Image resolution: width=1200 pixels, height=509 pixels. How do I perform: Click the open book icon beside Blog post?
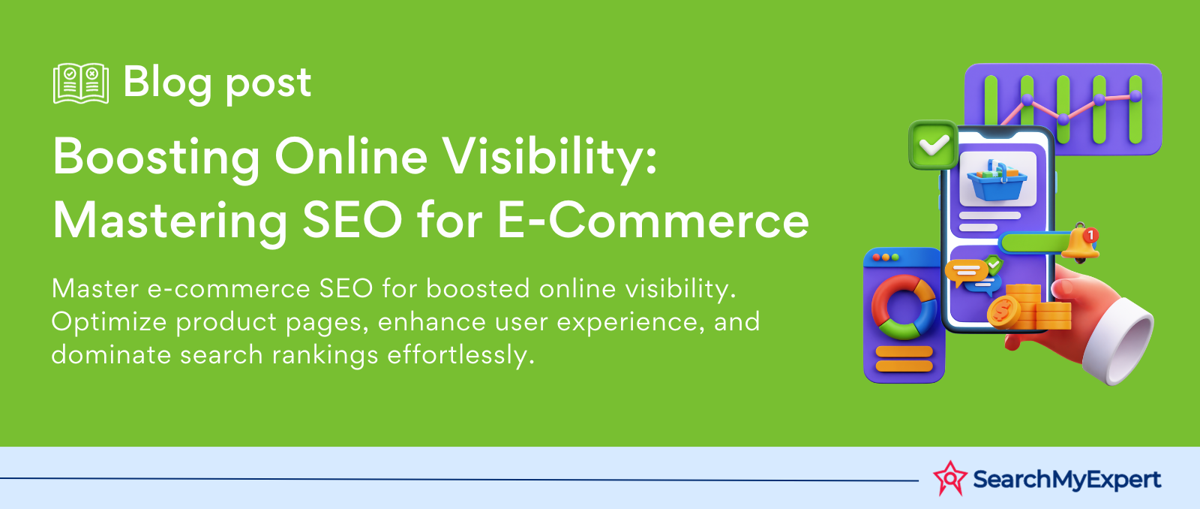81,83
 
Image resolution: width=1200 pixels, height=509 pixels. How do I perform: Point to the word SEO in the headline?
352,221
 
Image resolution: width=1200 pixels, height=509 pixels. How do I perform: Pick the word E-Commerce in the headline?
653,221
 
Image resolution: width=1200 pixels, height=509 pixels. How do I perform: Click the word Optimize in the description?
109,322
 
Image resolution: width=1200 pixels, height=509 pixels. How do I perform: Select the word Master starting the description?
95,288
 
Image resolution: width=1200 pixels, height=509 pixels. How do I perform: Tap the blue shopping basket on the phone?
997,180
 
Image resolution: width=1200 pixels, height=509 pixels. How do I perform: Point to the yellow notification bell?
1080,243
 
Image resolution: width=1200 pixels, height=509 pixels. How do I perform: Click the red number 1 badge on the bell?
1090,236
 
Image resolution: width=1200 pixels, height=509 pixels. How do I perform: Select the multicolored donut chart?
904,307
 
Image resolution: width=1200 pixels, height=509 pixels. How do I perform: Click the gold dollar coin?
1004,312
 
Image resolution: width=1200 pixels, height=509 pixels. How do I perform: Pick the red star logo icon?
949,478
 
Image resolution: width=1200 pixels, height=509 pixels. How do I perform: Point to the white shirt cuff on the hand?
1118,342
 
